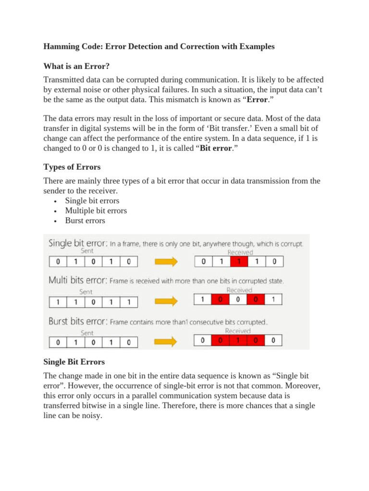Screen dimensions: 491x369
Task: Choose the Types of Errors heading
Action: click(x=72, y=167)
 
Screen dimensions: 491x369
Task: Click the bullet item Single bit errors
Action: click(x=92, y=200)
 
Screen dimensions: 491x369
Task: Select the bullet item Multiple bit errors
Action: click(x=96, y=210)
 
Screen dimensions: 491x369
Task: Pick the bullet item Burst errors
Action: click(x=85, y=221)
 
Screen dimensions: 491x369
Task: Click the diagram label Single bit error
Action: click(x=77, y=243)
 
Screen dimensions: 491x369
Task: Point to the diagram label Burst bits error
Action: click(x=78, y=322)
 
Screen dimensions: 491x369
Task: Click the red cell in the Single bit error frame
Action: click(x=238, y=262)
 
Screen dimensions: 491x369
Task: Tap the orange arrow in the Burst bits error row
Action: click(x=165, y=342)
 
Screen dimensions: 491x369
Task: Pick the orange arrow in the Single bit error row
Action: click(x=165, y=262)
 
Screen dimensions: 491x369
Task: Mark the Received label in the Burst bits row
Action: click(x=238, y=331)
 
